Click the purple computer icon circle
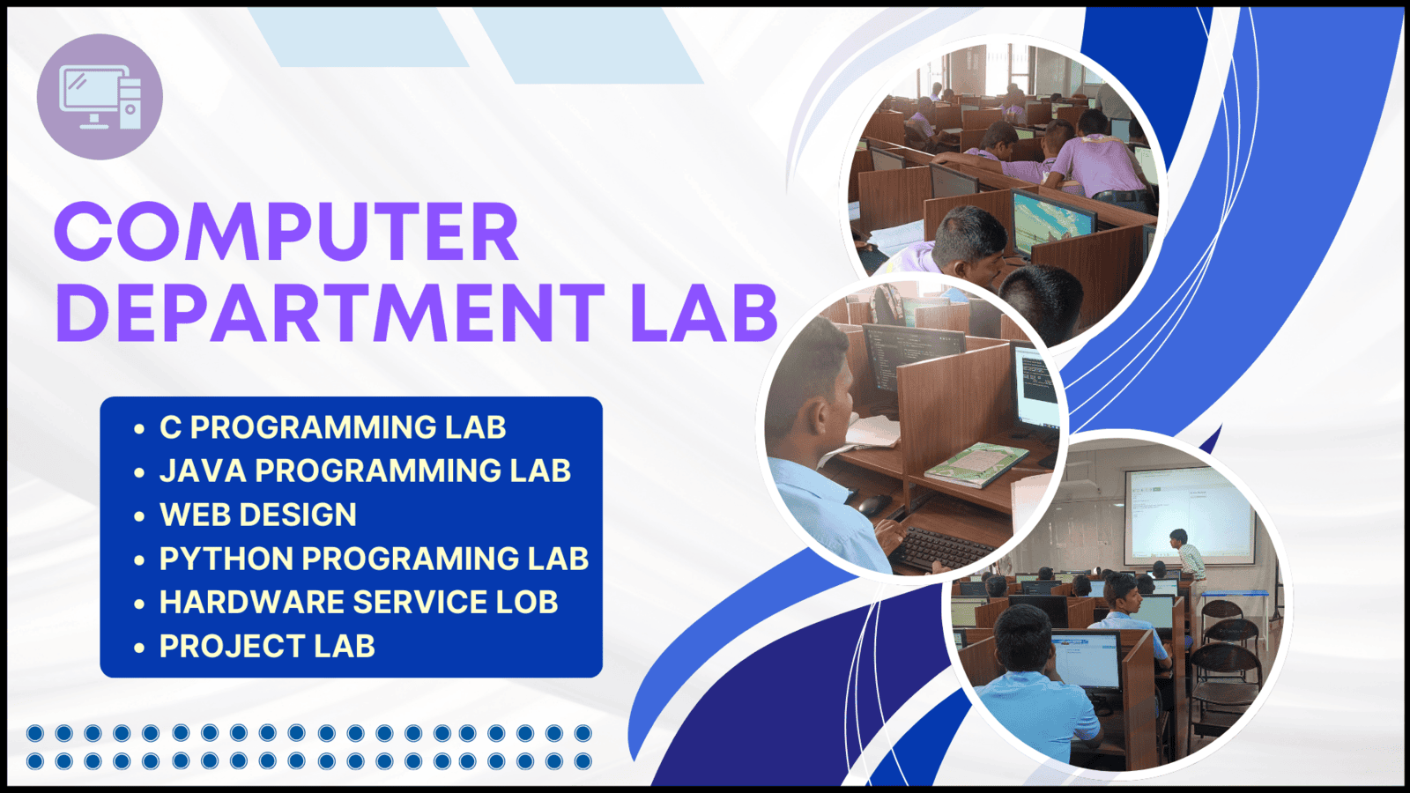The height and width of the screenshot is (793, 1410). [x=100, y=97]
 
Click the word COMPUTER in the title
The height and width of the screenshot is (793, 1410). [x=287, y=232]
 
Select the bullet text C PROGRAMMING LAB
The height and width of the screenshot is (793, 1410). [x=332, y=427]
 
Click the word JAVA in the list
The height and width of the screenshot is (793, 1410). [x=203, y=471]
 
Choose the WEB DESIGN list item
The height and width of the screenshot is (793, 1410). [x=258, y=515]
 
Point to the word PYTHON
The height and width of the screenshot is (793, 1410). [x=226, y=559]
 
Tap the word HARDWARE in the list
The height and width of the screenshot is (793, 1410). [x=251, y=603]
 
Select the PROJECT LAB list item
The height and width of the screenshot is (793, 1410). [x=267, y=647]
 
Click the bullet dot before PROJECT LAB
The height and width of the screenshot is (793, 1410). [x=139, y=648]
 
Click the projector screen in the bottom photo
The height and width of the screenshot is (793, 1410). [x=1190, y=516]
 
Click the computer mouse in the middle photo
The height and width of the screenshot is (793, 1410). [x=873, y=504]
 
